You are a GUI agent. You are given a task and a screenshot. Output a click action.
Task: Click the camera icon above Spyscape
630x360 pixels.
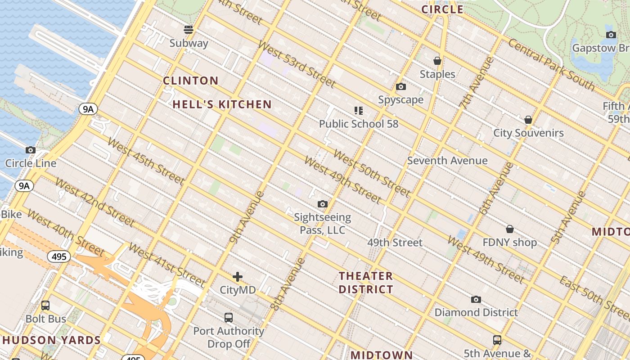tap(401, 87)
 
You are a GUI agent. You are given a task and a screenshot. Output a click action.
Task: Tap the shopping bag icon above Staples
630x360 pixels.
tap(437, 61)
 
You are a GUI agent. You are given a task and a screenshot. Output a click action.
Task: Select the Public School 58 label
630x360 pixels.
tap(359, 124)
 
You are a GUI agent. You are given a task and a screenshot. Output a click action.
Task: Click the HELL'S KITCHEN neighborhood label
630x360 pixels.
tap(222, 104)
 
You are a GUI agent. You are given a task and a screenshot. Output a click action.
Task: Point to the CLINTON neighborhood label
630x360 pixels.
tap(190, 81)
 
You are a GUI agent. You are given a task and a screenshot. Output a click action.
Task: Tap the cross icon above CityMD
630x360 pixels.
tap(238, 277)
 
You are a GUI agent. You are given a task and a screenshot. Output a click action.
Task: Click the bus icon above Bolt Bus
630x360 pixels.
tap(45, 306)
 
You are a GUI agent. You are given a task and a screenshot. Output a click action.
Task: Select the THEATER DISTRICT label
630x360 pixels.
tap(366, 283)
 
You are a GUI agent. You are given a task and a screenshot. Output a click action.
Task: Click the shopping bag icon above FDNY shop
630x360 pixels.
tap(509, 229)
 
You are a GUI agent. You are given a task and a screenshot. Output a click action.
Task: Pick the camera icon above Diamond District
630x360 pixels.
tap(476, 299)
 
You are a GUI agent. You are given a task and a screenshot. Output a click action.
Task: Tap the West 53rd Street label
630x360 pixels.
tap(297, 64)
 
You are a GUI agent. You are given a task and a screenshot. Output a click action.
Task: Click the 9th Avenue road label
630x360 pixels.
tap(247, 217)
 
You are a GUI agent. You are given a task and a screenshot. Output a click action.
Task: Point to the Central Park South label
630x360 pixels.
tap(551, 63)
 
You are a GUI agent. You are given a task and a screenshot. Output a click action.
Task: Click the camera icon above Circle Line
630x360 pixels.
tap(31, 150)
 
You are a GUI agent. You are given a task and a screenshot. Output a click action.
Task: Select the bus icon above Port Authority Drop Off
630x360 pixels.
tap(229, 318)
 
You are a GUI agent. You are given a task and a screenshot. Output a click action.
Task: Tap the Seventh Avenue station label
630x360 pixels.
tap(447, 161)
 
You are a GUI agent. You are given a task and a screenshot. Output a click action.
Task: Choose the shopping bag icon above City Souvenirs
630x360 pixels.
tap(528, 120)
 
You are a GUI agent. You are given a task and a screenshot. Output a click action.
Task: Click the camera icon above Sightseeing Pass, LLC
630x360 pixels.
tap(322, 204)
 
